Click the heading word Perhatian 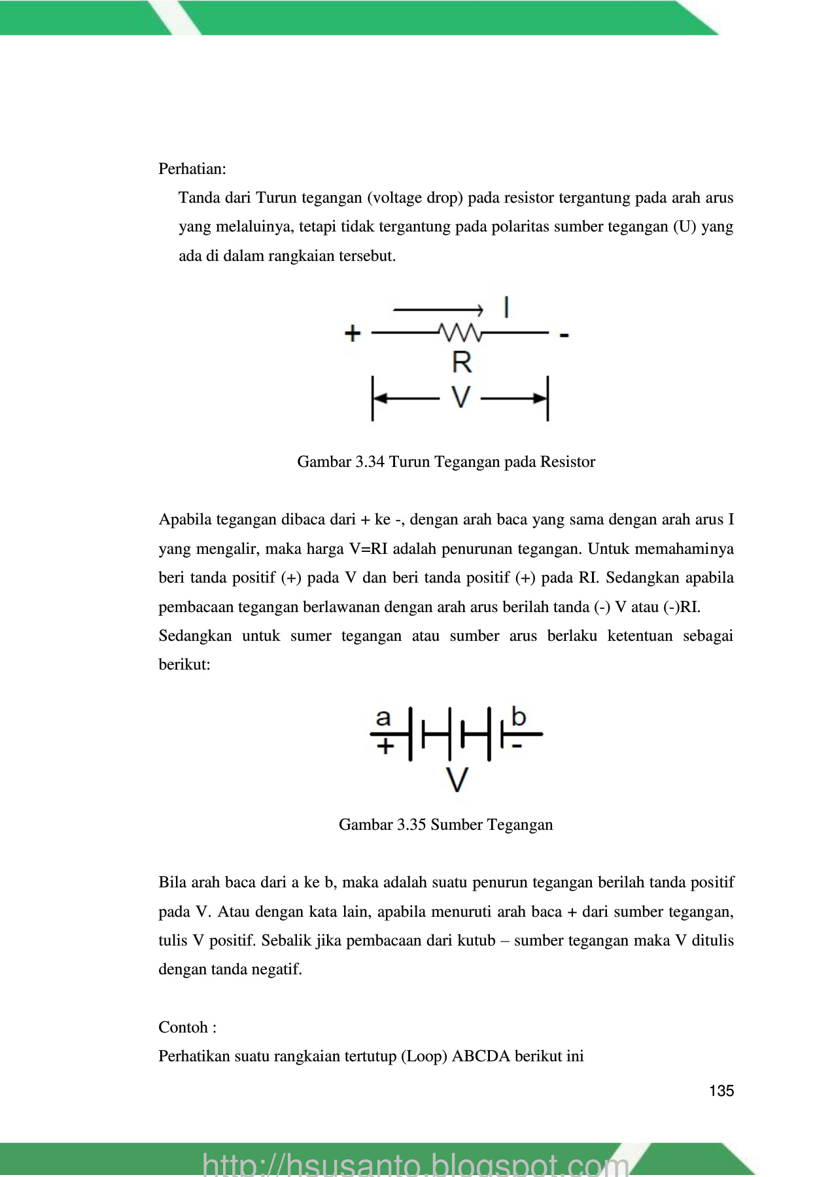pos(191,169)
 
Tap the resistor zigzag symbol pos(461,333)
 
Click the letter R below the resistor pos(462,362)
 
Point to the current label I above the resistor pos(506,307)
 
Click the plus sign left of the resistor pos(353,333)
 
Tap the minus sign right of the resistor pos(564,335)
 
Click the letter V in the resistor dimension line pos(461,396)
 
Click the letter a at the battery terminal pos(383,717)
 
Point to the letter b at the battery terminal pos(519,717)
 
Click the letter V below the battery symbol pos(457,779)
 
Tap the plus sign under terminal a pos(385,745)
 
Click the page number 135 pos(721,1091)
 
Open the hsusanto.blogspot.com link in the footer pos(415,1164)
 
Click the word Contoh pos(183,1027)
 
